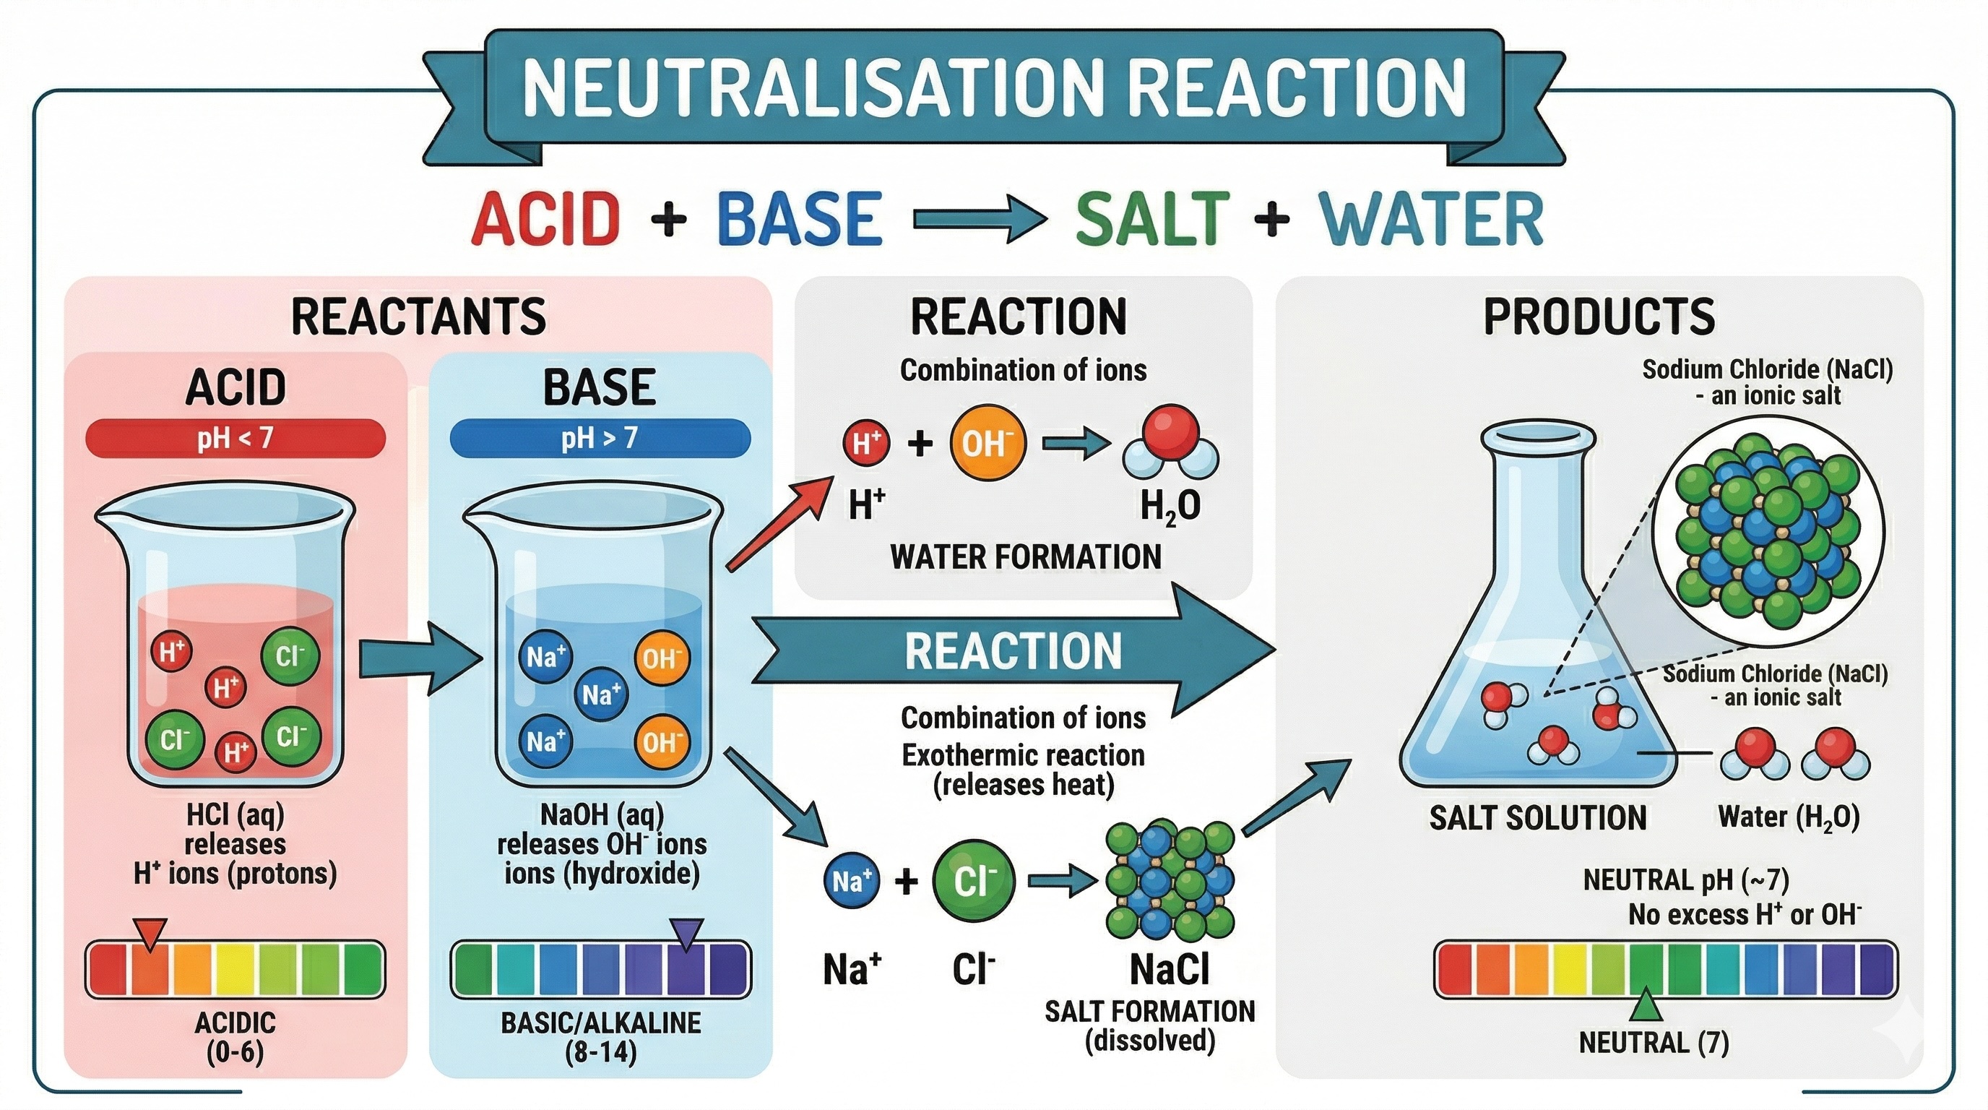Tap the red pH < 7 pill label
235,439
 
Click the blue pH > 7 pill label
600,439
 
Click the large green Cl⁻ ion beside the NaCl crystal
974,881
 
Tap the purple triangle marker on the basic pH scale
688,932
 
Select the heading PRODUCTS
1599,317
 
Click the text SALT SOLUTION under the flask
1538,817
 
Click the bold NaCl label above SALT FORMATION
1170,970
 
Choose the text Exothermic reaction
1024,754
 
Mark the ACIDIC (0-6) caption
235,1037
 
